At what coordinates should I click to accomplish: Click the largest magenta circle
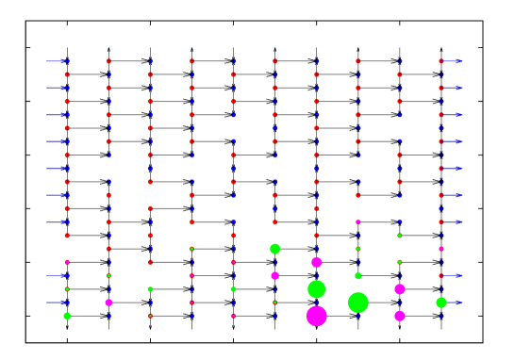tap(317, 316)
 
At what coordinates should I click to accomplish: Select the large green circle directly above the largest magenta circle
tap(317, 288)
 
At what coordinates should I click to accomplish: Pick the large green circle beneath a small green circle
tap(358, 303)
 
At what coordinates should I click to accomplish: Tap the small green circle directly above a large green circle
tap(358, 276)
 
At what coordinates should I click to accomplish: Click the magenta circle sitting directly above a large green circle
tap(317, 262)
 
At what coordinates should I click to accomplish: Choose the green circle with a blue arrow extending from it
tap(441, 303)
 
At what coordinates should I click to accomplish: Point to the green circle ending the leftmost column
tap(67, 316)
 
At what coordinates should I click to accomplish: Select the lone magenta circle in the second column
tap(108, 303)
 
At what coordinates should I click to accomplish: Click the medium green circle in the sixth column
tap(275, 249)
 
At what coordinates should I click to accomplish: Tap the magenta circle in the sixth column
tap(275, 275)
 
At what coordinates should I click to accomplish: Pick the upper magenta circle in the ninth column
tap(400, 289)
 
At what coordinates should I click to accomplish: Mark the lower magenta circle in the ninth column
tap(400, 316)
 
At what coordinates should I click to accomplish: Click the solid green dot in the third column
tap(150, 289)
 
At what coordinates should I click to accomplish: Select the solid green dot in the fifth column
tap(233, 289)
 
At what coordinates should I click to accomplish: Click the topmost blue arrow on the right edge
tap(453, 61)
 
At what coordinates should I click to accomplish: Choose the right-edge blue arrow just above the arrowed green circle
tap(453, 276)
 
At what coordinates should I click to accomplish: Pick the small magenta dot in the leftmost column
tap(67, 262)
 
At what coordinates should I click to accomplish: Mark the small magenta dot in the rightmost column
tap(441, 249)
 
